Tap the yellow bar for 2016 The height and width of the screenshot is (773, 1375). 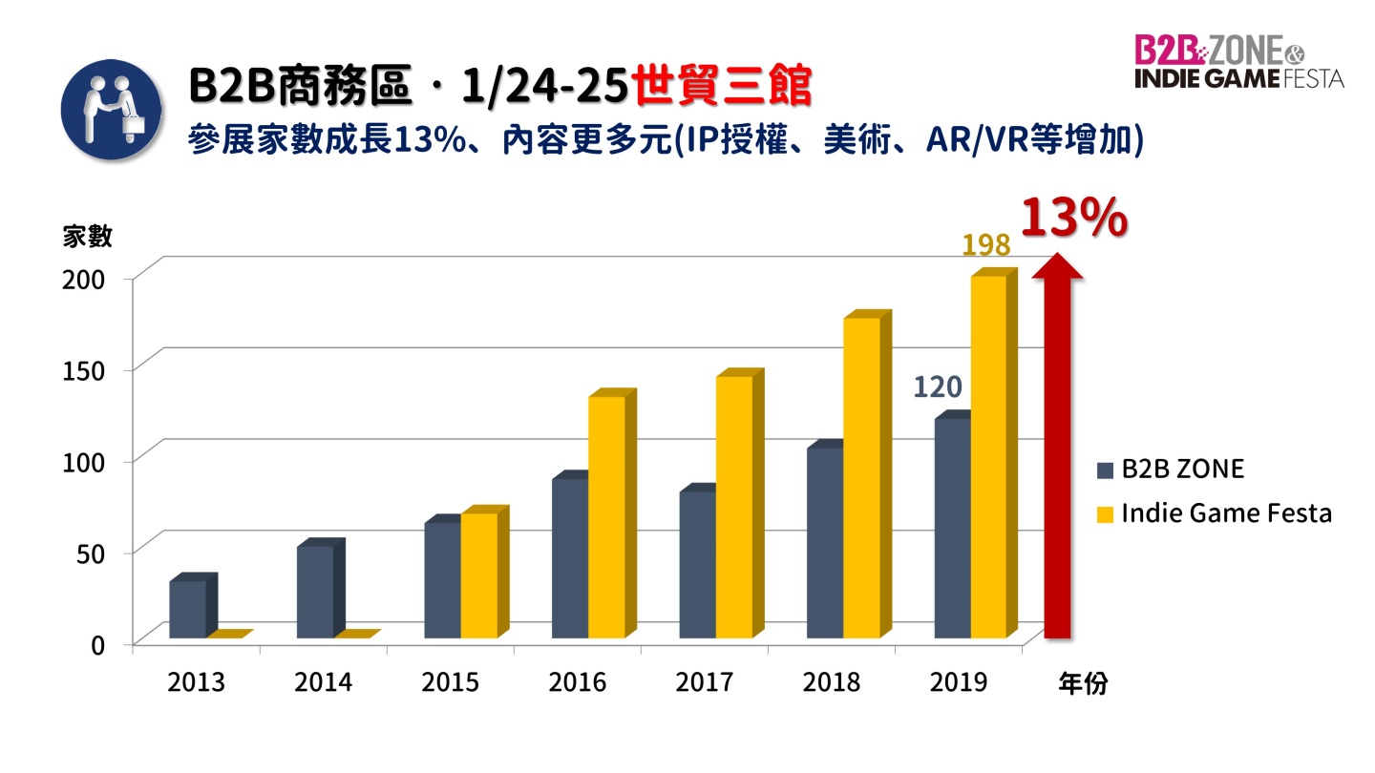point(606,516)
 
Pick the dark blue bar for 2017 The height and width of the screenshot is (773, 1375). point(697,564)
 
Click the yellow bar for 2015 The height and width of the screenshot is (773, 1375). point(478,575)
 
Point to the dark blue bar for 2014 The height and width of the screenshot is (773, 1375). point(315,592)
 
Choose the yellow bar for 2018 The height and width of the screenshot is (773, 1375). point(861,477)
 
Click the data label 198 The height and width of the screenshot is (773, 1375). point(985,245)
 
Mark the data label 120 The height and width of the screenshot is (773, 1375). point(937,386)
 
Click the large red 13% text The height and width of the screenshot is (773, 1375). point(1074,219)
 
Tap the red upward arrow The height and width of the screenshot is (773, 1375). point(1057,449)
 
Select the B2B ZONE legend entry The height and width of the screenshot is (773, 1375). point(1171,469)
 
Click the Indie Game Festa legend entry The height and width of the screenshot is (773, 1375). point(1214,513)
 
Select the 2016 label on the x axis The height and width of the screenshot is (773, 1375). point(577,682)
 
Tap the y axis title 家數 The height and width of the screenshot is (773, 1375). point(87,237)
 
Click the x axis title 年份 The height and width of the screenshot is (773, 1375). point(1083,683)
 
